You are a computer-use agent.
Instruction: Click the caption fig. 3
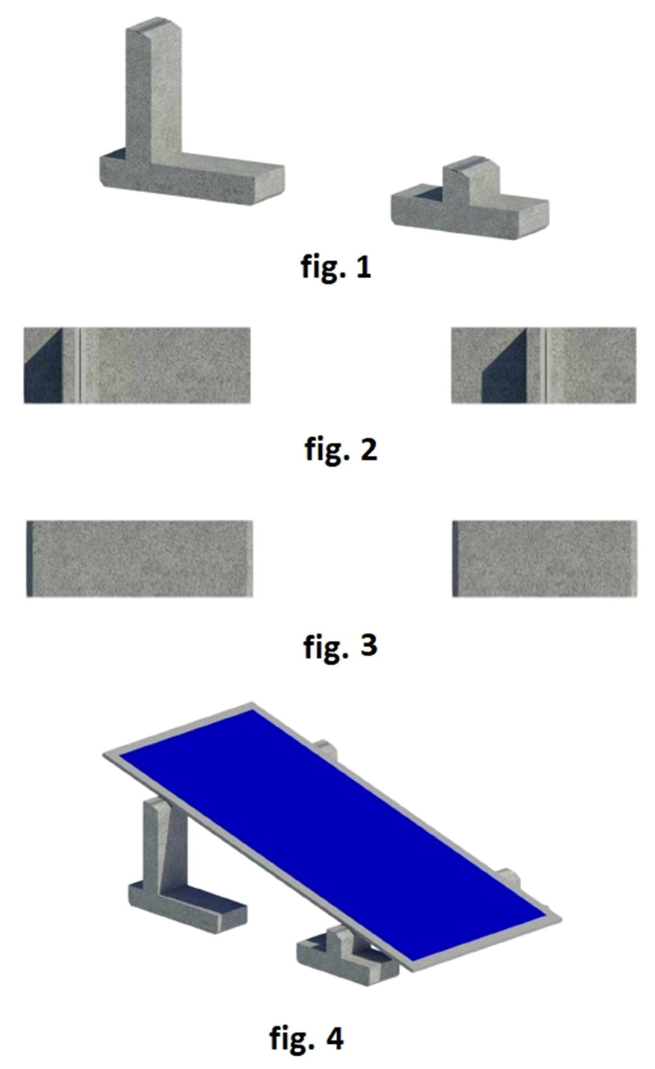[341, 645]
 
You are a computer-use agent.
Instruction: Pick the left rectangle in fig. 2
[137, 365]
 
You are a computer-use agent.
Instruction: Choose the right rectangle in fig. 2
[544, 365]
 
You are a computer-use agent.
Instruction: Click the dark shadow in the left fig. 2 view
[43, 369]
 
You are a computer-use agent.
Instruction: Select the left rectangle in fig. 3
[139, 559]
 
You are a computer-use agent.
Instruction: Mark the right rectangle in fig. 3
[545, 559]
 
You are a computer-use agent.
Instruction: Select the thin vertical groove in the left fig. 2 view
[80, 365]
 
